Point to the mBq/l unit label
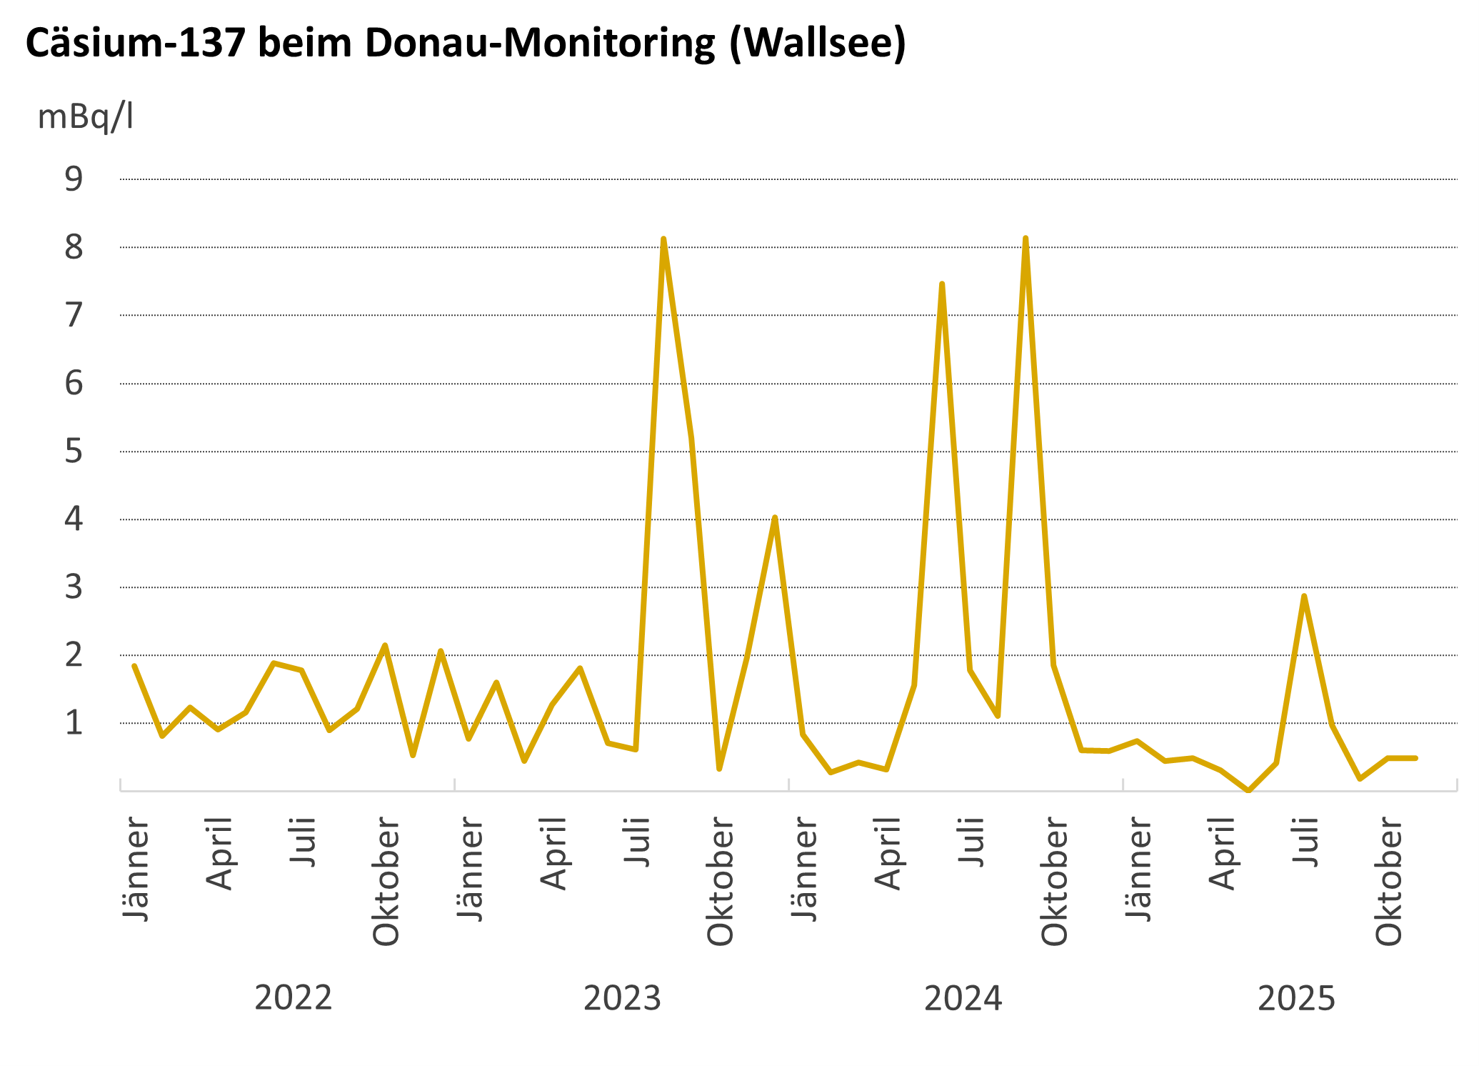(x=85, y=116)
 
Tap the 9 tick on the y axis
(x=74, y=179)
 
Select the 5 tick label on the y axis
(x=74, y=452)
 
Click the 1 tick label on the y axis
(x=74, y=723)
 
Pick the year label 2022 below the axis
(x=294, y=998)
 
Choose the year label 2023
(x=622, y=998)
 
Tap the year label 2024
(x=963, y=998)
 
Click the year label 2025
(x=1296, y=998)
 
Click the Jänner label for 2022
(x=136, y=870)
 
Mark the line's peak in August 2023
(x=663, y=239)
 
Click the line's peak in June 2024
(x=942, y=284)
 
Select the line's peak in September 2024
(x=1026, y=238)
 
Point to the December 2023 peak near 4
(x=775, y=517)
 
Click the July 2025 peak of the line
(x=1304, y=596)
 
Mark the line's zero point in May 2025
(x=1248, y=791)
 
